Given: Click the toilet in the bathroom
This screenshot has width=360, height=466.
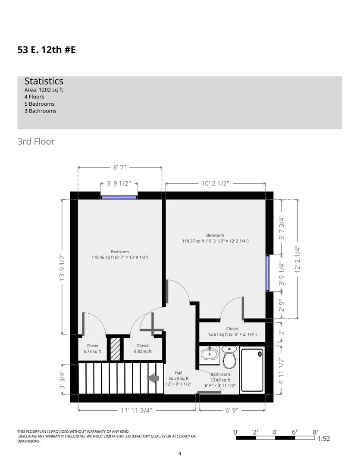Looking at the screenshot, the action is (229, 357).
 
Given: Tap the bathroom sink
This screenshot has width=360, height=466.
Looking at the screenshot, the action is (210, 355).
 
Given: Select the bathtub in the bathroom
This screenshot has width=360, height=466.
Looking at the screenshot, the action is (252, 370).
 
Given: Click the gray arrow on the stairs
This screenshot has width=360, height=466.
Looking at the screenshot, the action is (153, 378).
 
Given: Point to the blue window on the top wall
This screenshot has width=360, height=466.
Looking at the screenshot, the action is (119, 197).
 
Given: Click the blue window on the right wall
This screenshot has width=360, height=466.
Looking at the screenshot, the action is (267, 273).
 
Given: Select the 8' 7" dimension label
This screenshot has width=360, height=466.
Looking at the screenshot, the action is (120, 167).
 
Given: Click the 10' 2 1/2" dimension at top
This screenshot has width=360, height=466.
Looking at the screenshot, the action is (215, 183).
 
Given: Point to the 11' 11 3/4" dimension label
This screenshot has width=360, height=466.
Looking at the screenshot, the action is (136, 410).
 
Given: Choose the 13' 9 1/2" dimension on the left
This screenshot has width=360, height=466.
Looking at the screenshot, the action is (62, 267).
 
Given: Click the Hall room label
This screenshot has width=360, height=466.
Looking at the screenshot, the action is (178, 373).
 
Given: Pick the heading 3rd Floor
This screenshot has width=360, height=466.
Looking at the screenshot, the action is (36, 142).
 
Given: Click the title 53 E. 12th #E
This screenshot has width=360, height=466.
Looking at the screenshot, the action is (47, 50).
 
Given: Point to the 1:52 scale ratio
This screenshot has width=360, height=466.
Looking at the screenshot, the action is (324, 439).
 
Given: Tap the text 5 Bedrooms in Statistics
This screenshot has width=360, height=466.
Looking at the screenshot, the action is (40, 104).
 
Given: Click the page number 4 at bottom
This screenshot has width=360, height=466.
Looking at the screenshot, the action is (180, 453).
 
